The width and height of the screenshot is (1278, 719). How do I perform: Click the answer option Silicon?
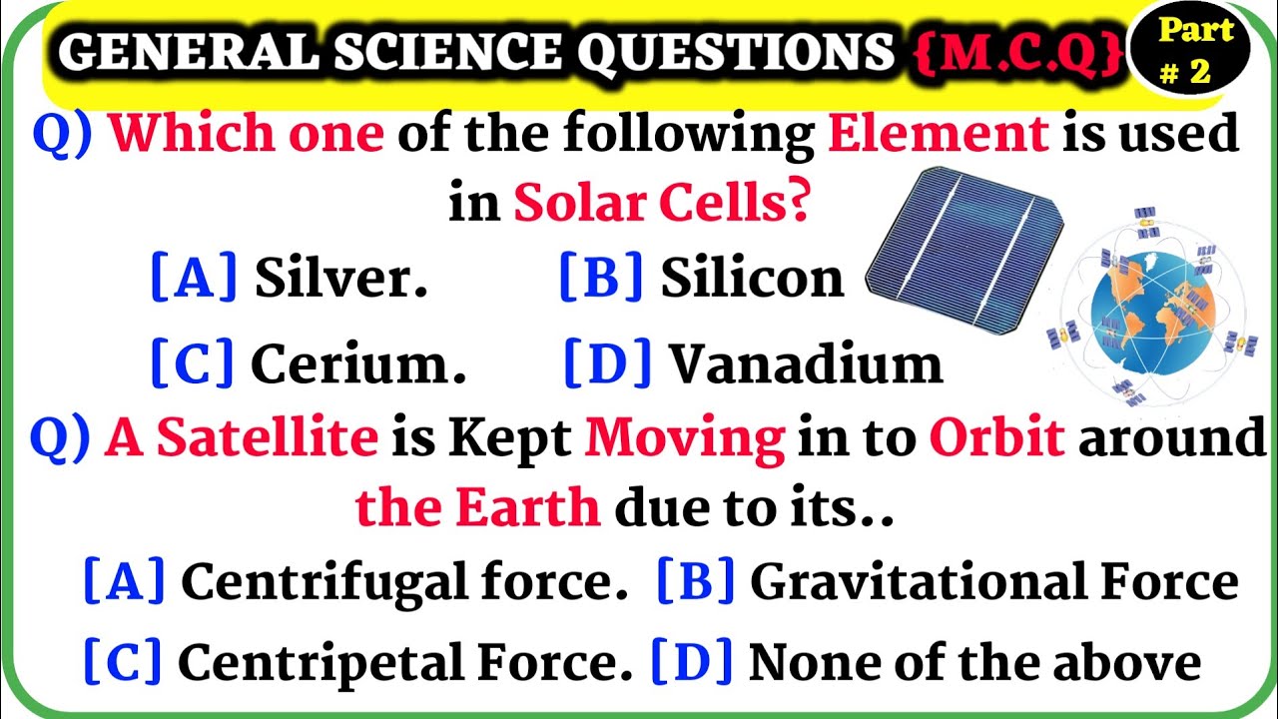[752, 279]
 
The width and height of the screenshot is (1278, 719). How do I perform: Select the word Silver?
[340, 279]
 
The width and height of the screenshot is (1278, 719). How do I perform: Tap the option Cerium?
[357, 364]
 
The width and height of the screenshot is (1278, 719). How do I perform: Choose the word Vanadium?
[805, 364]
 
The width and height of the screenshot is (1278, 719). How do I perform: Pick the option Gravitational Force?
[993, 581]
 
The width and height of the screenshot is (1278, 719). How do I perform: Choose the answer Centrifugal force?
[396, 581]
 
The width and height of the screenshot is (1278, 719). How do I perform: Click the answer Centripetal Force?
[404, 661]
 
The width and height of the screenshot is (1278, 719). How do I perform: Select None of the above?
[973, 661]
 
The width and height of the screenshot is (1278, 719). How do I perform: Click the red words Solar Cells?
[660, 204]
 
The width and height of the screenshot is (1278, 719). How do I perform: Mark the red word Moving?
[685, 439]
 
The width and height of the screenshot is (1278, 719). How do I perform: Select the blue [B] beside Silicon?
[601, 279]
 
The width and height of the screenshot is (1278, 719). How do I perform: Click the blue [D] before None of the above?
[692, 661]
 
